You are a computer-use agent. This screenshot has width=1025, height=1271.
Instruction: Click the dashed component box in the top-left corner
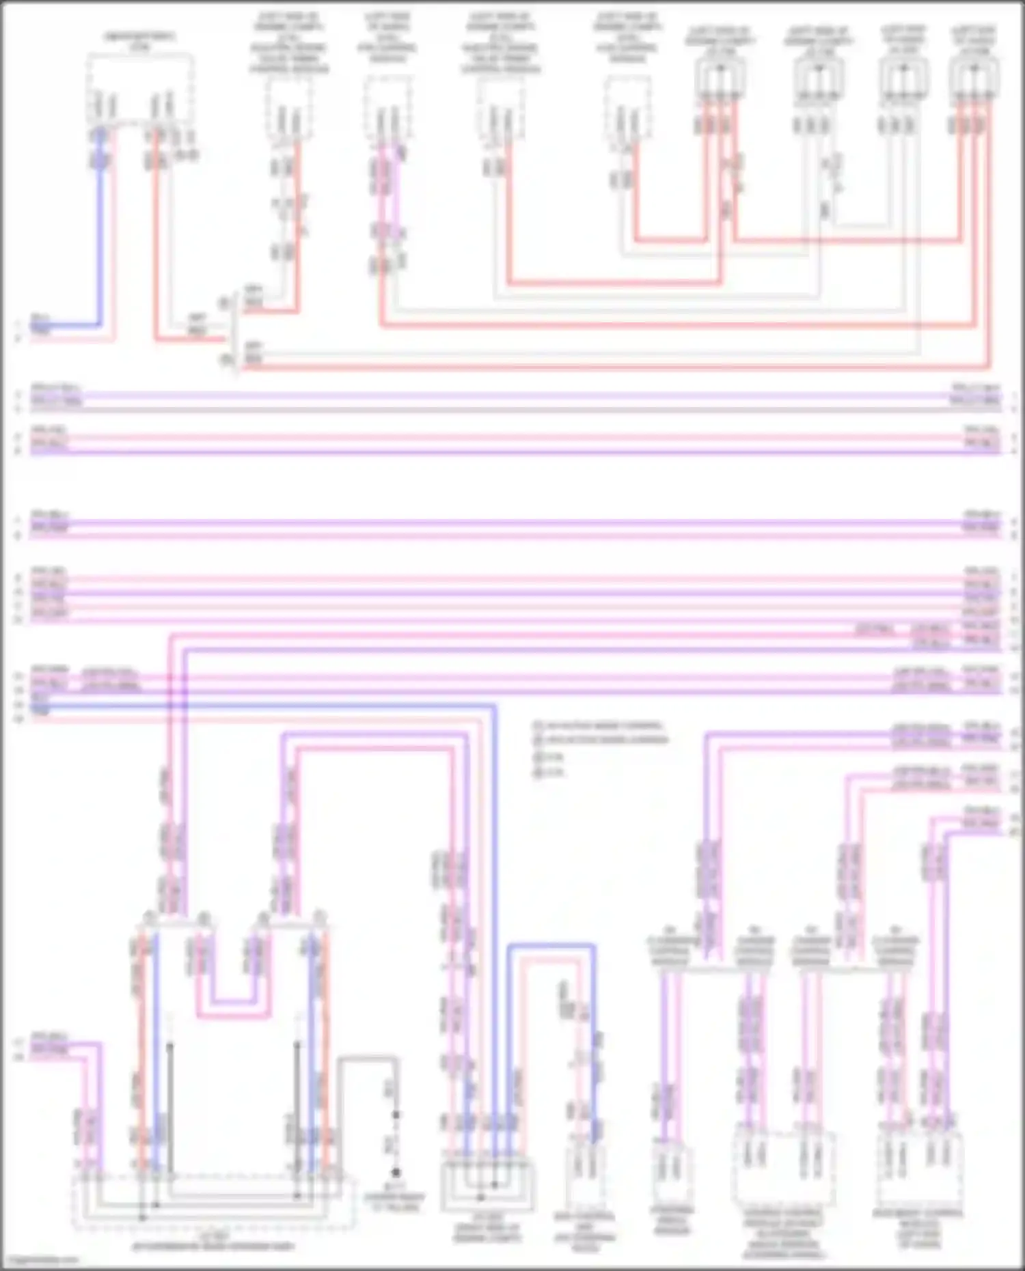(x=140, y=89)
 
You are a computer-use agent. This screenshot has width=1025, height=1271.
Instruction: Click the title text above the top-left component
(x=140, y=41)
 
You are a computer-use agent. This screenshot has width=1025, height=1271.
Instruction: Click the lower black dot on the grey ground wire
(x=396, y=1172)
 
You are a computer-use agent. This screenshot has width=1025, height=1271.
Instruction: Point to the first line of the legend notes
(x=598, y=725)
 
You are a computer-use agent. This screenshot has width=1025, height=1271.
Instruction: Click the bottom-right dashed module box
(x=920, y=1168)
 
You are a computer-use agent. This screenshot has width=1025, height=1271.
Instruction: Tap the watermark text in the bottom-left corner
(x=41, y=1259)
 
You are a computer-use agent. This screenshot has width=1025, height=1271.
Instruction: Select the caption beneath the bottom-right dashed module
(x=918, y=1229)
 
